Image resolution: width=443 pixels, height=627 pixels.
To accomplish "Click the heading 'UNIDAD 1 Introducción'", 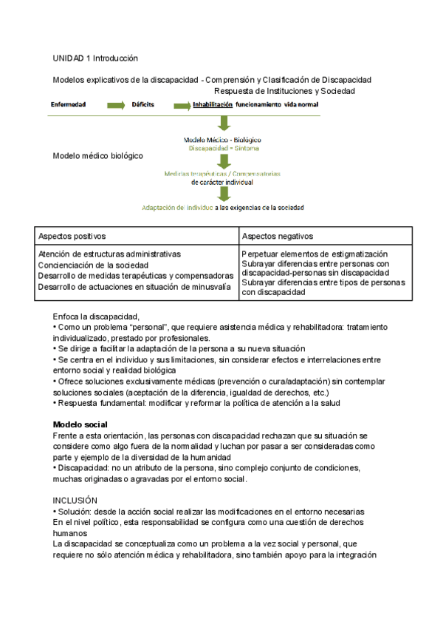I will click(95, 58).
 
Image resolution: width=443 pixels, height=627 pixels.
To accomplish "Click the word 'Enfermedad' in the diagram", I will click(68, 105).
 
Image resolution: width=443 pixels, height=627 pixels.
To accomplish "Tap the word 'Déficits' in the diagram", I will click(142, 105).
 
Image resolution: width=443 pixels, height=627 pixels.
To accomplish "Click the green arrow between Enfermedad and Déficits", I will click(116, 106).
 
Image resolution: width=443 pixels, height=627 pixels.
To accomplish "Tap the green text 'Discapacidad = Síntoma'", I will click(221, 148).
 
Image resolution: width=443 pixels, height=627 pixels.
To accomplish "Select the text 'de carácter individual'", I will click(221, 182).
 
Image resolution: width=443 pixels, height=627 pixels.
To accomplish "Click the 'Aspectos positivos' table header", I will click(72, 236).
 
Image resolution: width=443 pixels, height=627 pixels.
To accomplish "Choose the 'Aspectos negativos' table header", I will click(278, 236).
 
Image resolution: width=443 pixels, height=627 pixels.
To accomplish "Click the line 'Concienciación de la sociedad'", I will click(93, 265).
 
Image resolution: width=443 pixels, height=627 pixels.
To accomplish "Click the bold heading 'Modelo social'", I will click(80, 424).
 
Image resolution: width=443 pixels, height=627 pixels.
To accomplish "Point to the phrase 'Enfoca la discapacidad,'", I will click(96, 316).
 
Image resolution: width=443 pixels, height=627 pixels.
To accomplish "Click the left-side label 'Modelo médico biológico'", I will click(98, 156).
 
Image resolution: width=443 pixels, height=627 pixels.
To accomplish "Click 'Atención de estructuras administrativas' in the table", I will click(109, 254).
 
